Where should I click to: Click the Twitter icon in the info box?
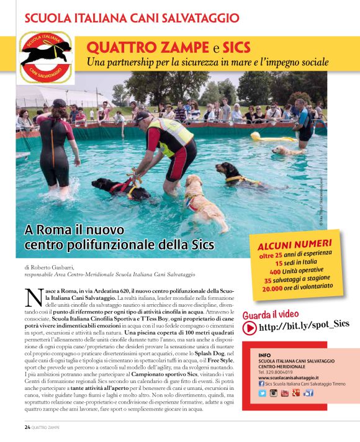point(262,393)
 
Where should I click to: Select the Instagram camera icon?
point(273,393)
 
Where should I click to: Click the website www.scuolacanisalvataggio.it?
point(289,377)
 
